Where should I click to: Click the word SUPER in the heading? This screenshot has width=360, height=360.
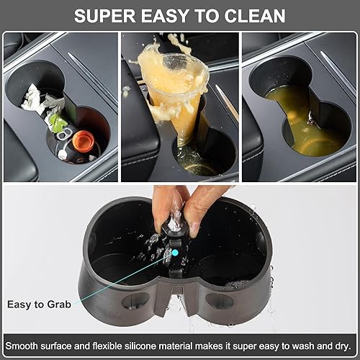pyautogui.click(x=107, y=15)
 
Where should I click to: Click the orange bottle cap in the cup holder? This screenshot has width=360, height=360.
pyautogui.click(x=86, y=138)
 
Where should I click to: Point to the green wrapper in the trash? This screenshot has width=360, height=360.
pyautogui.click(x=57, y=122)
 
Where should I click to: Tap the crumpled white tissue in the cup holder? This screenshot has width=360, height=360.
pyautogui.click(x=35, y=97)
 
